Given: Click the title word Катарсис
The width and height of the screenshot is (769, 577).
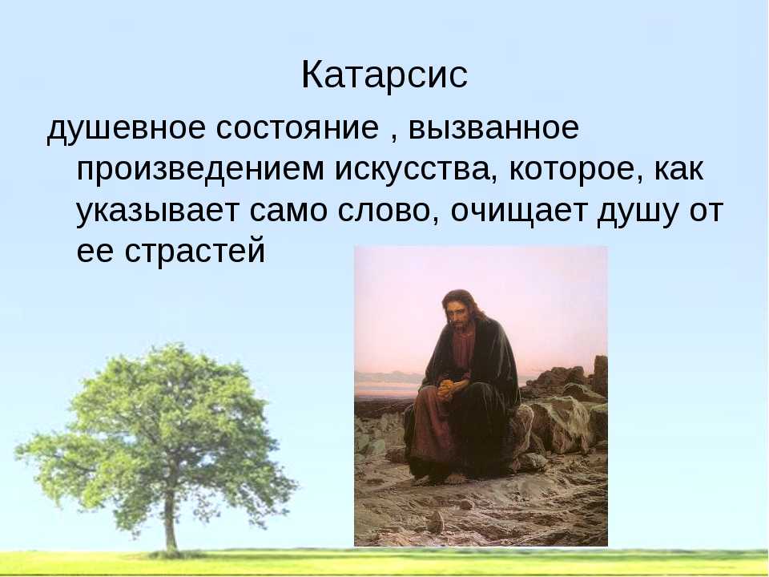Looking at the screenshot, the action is pos(384,75).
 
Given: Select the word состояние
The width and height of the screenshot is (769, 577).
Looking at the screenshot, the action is pos(297,128).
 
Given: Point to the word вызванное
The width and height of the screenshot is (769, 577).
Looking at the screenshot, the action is pos(493,128).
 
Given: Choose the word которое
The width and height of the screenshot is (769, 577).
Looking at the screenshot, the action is pos(575,170).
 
